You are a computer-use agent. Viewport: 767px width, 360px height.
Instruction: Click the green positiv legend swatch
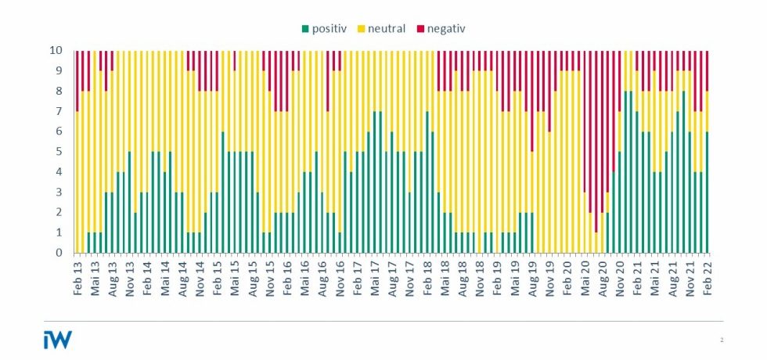[x=305, y=30]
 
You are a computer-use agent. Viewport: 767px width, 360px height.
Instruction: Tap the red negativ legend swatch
[x=420, y=30]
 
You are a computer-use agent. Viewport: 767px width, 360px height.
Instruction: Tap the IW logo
[x=58, y=338]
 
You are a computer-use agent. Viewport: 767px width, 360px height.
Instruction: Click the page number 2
[x=721, y=340]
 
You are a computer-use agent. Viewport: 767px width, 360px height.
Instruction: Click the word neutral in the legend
[x=386, y=30]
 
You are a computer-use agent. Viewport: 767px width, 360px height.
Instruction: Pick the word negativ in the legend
[x=448, y=30]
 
